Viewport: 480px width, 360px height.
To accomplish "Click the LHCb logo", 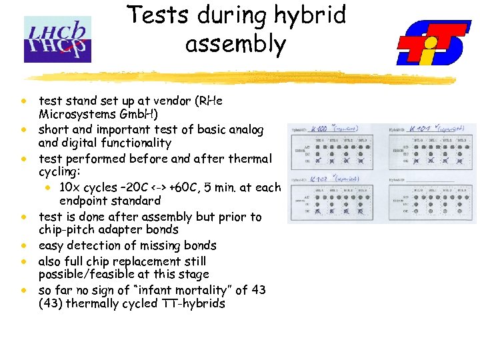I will (x=57, y=39).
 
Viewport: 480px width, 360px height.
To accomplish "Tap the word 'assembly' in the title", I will (x=235, y=45).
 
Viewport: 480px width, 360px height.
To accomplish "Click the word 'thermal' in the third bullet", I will (x=249, y=159).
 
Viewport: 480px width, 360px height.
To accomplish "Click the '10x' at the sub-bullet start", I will (x=71, y=187).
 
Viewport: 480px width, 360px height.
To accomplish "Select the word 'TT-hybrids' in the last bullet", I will (x=193, y=304).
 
